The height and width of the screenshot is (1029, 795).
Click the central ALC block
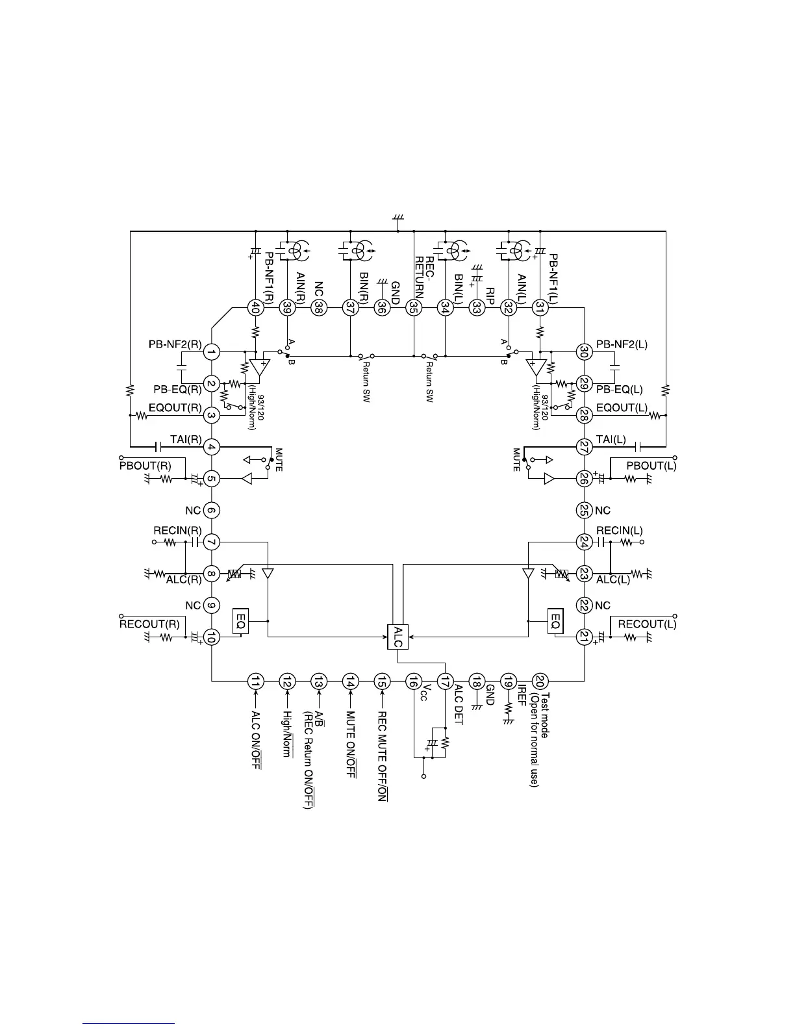[397, 637]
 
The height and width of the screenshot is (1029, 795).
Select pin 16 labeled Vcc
[413, 681]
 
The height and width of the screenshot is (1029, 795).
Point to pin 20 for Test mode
[540, 681]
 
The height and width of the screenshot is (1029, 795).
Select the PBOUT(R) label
[145, 466]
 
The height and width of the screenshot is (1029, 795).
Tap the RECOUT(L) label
[647, 624]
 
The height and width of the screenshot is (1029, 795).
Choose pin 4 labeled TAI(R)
[212, 447]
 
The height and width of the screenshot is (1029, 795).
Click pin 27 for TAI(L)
[583, 447]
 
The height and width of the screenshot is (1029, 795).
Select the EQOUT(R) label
[175, 409]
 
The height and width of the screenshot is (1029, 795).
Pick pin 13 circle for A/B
[318, 681]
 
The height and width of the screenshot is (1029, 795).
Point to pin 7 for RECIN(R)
[212, 542]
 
